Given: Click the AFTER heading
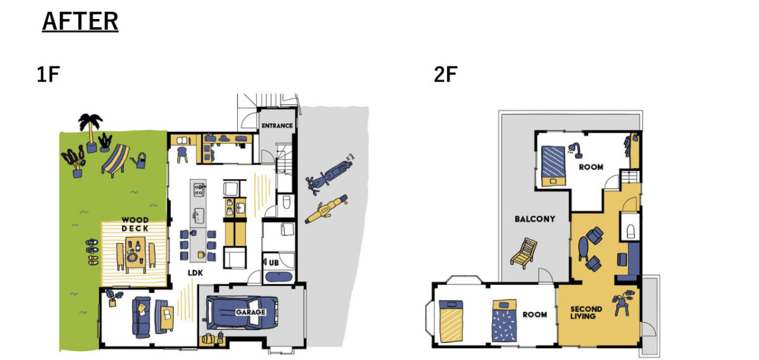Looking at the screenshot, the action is (80, 22).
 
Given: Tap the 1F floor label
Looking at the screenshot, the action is (49, 75).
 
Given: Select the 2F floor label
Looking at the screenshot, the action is (445, 75).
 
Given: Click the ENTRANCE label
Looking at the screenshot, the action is (277, 126).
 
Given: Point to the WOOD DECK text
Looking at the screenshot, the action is (135, 225).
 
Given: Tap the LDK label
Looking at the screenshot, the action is (195, 273).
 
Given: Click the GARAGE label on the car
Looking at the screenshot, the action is (250, 312).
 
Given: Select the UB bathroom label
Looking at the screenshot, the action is (274, 263).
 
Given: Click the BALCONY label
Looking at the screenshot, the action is (534, 219).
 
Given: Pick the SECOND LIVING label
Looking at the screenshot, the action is (586, 313).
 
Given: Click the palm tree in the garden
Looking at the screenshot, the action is (91, 132).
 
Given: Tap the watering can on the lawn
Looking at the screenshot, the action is (139, 160).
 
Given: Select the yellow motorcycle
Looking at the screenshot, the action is (326, 209).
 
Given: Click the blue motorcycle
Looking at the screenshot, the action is (330, 175).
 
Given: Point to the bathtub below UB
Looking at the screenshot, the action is (279, 277).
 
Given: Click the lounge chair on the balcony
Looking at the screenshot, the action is (524, 252).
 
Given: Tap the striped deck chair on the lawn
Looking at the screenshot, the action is (116, 160).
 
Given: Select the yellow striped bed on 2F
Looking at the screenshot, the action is (450, 321).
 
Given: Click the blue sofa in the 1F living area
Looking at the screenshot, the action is (141, 317).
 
